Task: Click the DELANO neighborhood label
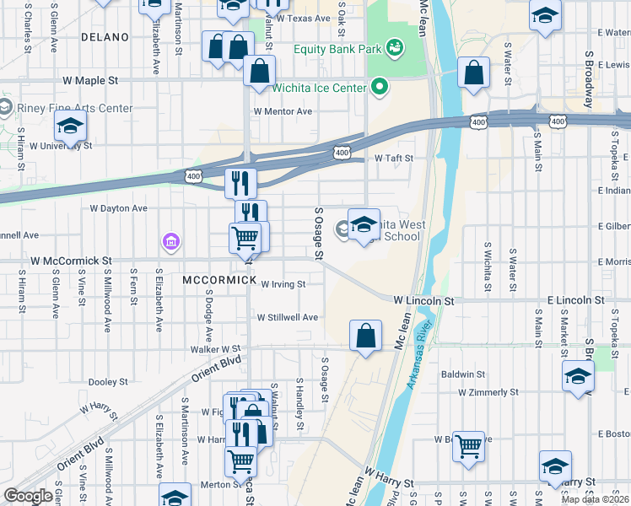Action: [x=105, y=37]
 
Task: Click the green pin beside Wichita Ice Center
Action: [x=380, y=87]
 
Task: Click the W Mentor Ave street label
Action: [x=283, y=111]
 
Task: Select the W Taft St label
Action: [x=394, y=158]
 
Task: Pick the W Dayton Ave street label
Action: [x=119, y=207]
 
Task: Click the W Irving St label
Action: [x=283, y=284]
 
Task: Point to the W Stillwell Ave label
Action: [x=288, y=317]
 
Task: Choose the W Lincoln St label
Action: [x=423, y=300]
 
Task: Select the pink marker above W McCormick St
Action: [x=171, y=243]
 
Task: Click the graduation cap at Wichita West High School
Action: [x=364, y=225]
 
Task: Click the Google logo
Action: [x=28, y=496]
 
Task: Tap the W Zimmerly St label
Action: [x=488, y=392]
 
